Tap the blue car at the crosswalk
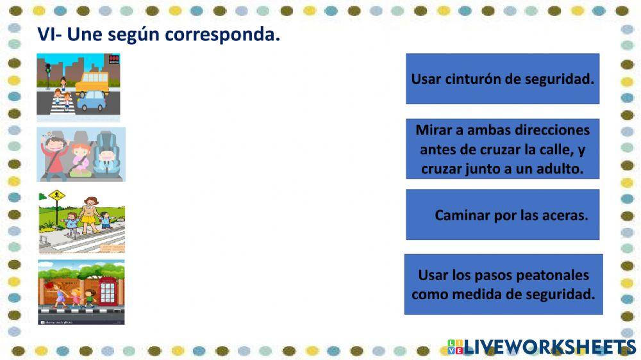[92, 101]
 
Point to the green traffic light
[47, 69]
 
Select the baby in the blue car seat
[107, 158]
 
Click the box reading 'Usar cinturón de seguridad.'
[503, 79]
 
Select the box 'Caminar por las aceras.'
[503, 215]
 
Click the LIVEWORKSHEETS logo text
[549, 347]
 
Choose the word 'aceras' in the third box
[564, 215]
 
